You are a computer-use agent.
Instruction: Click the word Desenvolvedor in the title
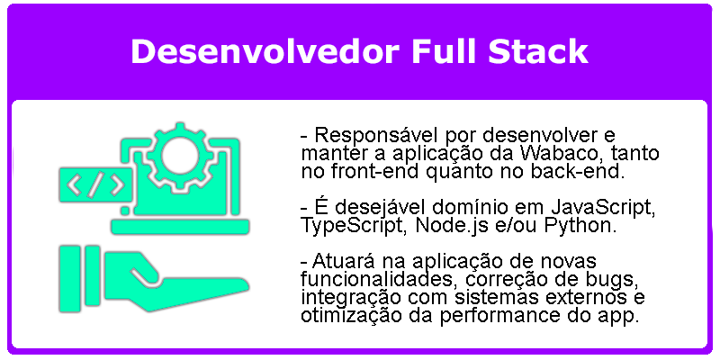pyautogui.click(x=265, y=51)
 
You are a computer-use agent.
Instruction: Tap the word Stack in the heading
pyautogui.click(x=537, y=51)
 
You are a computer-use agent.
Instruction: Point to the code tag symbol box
pyautogui.click(x=95, y=185)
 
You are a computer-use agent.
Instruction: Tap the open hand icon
pyautogui.click(x=154, y=279)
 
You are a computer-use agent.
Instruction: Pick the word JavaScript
pyautogui.click(x=601, y=209)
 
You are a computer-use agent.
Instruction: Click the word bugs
pyautogui.click(x=605, y=280)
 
